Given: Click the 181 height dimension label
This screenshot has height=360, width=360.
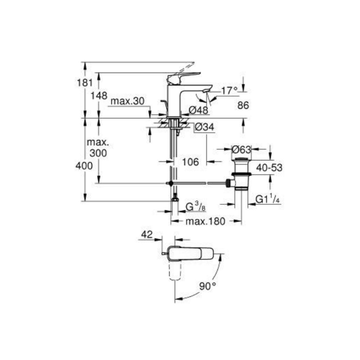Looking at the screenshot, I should point(85,82).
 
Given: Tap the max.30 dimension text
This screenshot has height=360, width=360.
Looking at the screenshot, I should point(127,101).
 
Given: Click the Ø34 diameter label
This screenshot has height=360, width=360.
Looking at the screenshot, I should point(204,127).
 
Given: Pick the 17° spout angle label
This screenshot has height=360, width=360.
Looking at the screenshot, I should point(229,91).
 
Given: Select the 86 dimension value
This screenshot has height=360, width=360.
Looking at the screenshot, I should point(243,105).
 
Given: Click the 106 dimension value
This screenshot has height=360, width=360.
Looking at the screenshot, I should point(190,162).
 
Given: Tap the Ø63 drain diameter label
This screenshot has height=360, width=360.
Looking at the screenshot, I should point(241,149).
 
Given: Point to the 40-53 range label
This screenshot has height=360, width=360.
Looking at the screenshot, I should point(269,167).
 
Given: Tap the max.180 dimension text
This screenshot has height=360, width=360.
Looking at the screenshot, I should point(205,221).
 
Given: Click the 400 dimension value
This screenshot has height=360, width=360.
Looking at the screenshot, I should point(85,166).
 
